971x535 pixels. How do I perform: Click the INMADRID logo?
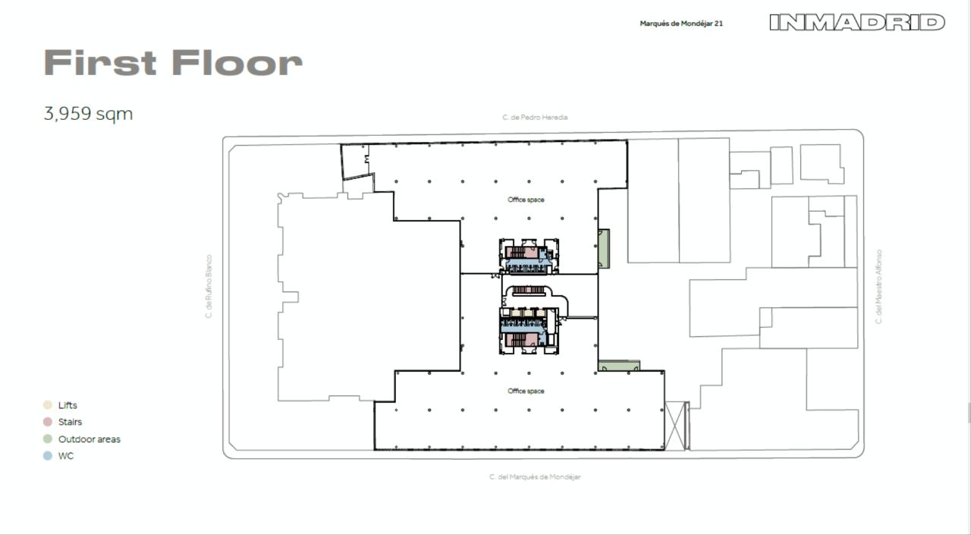click(x=856, y=22)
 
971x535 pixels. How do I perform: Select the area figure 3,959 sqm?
click(x=88, y=114)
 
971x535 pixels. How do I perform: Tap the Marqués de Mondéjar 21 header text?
click(x=680, y=24)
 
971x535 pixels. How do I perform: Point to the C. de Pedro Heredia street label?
click(x=535, y=118)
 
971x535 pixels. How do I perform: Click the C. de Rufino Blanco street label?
click(x=209, y=286)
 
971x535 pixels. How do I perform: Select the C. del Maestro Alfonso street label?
click(x=878, y=286)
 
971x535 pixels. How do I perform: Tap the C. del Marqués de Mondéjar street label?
click(x=535, y=477)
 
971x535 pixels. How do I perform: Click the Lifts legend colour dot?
click(x=48, y=405)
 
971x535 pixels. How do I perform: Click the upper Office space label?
click(x=526, y=200)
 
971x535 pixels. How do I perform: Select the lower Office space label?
click(x=526, y=391)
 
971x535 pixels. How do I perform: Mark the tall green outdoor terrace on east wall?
click(x=603, y=248)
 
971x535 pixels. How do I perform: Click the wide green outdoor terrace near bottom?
click(x=618, y=367)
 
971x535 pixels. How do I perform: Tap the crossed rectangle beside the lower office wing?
click(x=675, y=426)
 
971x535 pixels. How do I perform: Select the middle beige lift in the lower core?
click(x=526, y=313)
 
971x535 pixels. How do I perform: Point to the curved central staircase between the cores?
click(x=529, y=291)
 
